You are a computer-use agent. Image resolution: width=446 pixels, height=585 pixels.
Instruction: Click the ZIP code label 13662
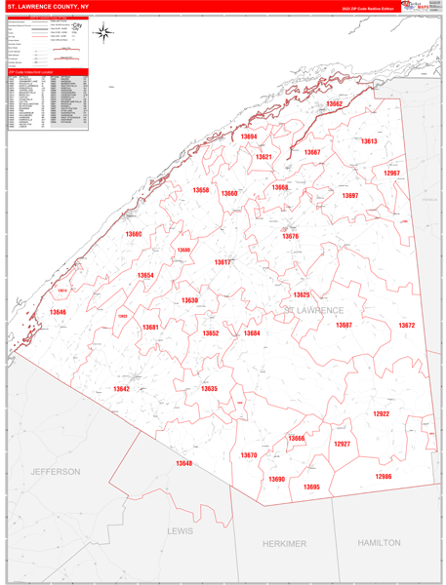(x=335, y=103)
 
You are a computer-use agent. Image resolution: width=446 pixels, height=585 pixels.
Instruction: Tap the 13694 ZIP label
(x=250, y=137)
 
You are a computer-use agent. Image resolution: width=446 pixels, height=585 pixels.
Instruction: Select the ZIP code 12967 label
(x=392, y=173)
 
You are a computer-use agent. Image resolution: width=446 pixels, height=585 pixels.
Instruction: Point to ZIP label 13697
(x=349, y=196)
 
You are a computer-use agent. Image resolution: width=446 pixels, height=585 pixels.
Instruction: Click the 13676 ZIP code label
(x=291, y=236)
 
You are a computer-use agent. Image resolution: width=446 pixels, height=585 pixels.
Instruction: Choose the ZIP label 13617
(x=223, y=262)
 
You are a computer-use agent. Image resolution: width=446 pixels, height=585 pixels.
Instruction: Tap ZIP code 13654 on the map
(x=145, y=276)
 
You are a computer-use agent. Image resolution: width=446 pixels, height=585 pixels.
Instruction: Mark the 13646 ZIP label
(x=59, y=312)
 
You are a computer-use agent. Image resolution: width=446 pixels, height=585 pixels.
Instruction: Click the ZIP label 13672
(x=407, y=325)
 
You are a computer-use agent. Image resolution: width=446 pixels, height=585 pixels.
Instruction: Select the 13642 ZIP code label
(x=121, y=388)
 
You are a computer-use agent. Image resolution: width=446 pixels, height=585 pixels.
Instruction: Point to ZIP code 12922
(x=381, y=413)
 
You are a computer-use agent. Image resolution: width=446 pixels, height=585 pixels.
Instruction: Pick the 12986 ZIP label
(x=384, y=476)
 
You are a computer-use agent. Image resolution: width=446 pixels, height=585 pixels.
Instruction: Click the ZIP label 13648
(x=184, y=462)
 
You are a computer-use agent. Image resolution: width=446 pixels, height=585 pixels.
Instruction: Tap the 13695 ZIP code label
(x=311, y=487)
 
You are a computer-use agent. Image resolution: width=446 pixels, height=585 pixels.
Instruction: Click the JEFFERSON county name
(x=57, y=471)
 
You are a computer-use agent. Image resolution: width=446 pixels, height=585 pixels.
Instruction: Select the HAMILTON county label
(x=379, y=541)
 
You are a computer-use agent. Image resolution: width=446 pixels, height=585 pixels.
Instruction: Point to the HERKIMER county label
(x=285, y=543)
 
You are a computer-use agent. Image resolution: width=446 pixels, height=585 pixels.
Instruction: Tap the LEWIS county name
(x=181, y=531)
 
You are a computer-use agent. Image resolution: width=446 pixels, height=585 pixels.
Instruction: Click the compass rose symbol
(x=104, y=34)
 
